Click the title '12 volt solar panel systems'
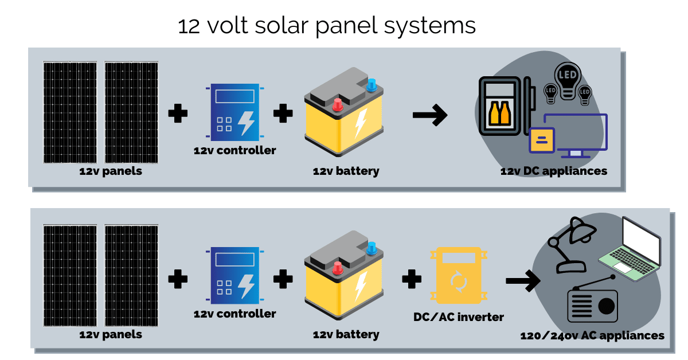327,26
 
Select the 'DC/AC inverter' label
458,317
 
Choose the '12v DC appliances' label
553,171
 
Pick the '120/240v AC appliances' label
592,336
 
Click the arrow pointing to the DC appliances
429,115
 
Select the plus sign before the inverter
411,280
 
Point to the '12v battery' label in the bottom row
346,334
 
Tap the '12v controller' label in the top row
234,151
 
